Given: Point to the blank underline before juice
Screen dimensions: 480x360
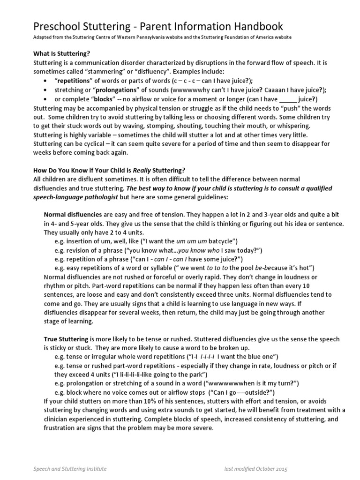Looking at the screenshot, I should (x=288, y=99).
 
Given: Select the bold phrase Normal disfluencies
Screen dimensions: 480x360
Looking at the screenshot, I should (x=69, y=214).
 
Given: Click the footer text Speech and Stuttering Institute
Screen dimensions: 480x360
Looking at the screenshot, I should (x=70, y=469).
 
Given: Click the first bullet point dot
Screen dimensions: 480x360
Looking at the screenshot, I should (x=45, y=81).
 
